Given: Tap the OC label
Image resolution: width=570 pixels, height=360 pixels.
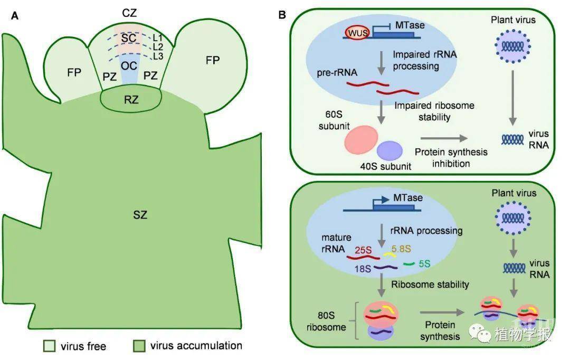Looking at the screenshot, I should (x=129, y=65).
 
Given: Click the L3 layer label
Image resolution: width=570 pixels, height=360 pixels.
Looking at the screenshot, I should (x=157, y=56).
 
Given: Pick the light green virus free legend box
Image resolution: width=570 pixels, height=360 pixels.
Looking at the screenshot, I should (x=49, y=346).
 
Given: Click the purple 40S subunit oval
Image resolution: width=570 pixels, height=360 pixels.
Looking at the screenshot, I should (x=390, y=150).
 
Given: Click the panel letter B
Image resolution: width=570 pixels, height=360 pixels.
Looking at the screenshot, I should (x=282, y=15).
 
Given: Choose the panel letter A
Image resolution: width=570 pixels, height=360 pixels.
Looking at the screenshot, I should (x=15, y=15).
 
